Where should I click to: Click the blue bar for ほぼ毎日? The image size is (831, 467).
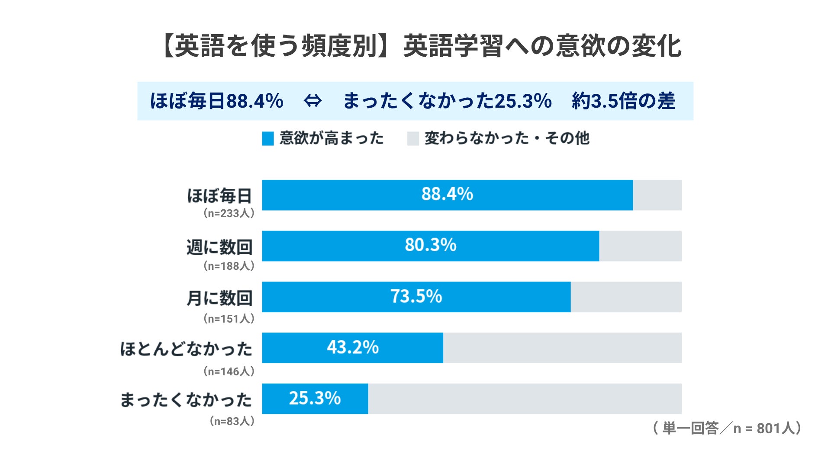point(447,195)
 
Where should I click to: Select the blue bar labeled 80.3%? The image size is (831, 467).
point(431,246)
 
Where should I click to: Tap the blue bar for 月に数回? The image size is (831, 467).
point(416,297)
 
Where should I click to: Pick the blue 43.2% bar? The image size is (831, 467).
point(352,348)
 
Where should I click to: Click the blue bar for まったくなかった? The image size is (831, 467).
point(315,399)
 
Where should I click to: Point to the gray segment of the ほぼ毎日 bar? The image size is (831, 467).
point(657,195)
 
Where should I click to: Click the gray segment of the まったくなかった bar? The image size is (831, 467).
point(525,399)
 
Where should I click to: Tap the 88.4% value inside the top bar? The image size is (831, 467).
point(447,194)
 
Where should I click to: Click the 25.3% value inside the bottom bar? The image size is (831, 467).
point(315,398)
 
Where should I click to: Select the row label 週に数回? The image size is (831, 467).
point(219,247)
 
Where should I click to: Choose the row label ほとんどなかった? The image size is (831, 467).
point(186,349)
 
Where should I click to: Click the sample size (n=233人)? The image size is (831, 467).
point(229,213)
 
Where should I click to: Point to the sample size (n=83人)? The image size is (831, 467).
point(232,421)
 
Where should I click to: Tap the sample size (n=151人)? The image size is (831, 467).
point(229,319)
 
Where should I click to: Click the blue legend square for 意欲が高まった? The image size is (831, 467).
point(268,139)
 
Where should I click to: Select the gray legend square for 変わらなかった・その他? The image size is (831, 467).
point(413,139)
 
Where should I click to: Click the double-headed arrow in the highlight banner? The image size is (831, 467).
point(312,101)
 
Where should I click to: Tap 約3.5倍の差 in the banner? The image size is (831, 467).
point(623,101)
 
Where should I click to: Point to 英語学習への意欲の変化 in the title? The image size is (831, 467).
point(543,46)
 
